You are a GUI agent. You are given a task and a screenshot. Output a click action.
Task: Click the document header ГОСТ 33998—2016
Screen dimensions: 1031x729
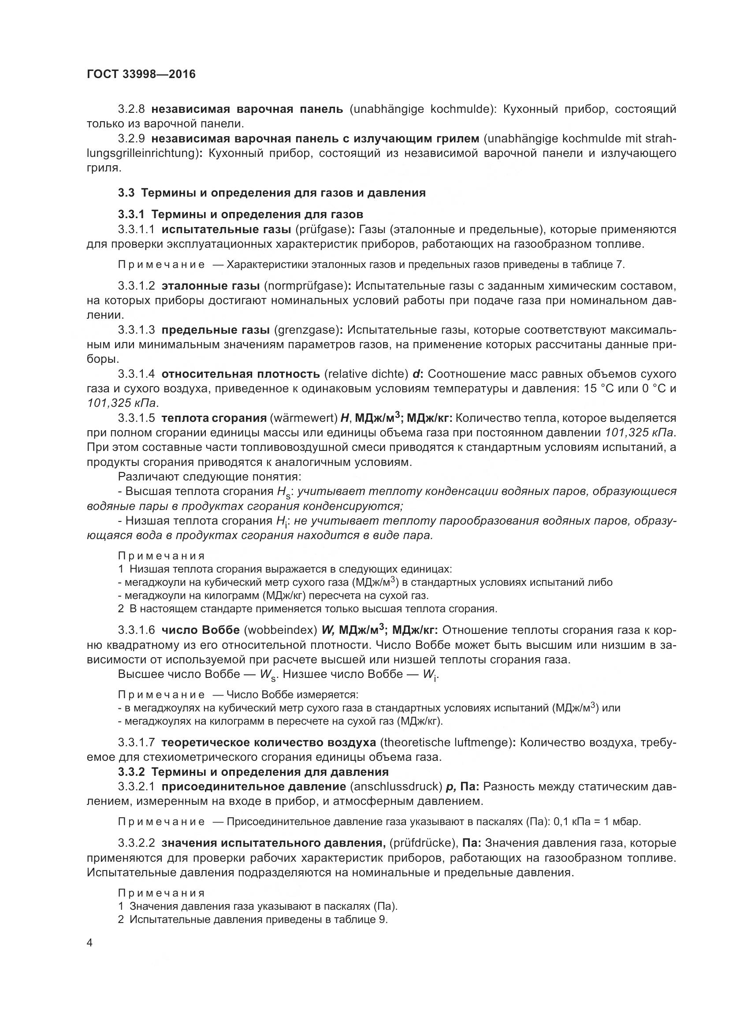click(141, 74)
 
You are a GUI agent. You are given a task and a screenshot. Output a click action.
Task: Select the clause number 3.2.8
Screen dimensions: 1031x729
click(131, 109)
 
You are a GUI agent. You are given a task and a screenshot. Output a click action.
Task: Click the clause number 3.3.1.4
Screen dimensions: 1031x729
click(137, 374)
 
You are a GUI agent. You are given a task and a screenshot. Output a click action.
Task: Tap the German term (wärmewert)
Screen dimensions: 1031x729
click(303, 418)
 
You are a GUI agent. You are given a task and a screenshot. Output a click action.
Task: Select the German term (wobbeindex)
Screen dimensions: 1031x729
click(281, 630)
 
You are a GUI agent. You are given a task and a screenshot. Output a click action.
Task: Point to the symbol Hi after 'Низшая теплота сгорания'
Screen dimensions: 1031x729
click(281, 522)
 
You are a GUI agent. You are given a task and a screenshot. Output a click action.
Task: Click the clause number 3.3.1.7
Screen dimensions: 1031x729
click(137, 743)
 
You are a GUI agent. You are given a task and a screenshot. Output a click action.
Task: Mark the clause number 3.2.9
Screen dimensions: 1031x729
click(131, 139)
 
